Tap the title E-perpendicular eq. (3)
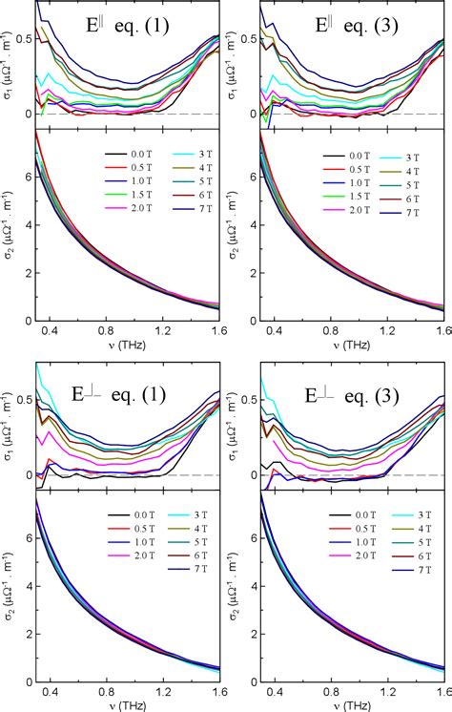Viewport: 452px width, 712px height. coord(356,394)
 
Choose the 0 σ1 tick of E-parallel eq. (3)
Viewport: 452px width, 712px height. coord(251,115)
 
